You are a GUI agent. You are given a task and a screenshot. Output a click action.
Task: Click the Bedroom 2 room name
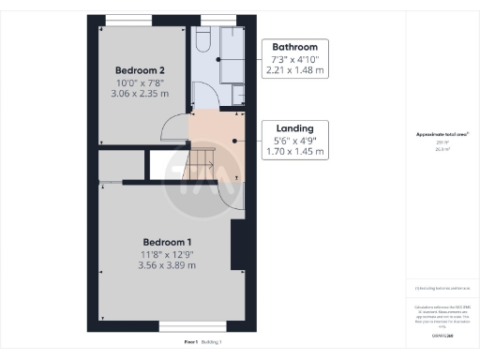[x=141, y=70]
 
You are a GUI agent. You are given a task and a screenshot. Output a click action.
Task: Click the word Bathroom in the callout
[x=294, y=47]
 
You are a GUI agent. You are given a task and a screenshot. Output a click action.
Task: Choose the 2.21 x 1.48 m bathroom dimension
[x=294, y=69]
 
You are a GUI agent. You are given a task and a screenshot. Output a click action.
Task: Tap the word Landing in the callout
[x=294, y=128]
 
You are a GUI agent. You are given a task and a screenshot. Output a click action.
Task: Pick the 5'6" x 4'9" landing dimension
[x=294, y=141]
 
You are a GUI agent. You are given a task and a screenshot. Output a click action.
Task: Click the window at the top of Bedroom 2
[x=129, y=20]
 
